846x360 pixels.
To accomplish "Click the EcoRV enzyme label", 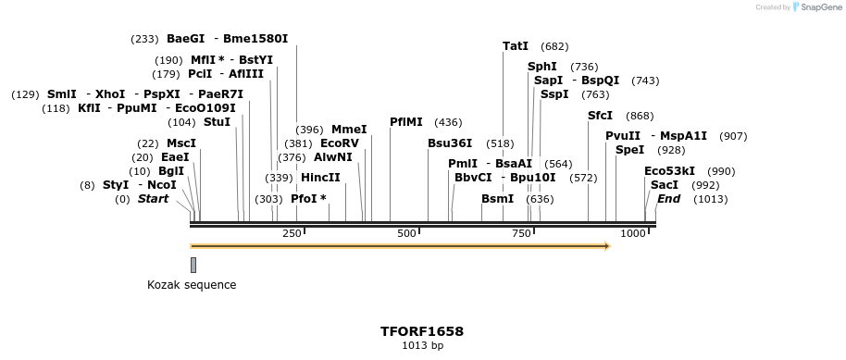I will click(x=339, y=143).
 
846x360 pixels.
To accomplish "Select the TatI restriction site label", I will click(x=516, y=45).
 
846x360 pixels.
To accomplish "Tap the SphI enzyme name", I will click(x=542, y=67).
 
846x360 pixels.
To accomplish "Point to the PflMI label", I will click(x=406, y=121).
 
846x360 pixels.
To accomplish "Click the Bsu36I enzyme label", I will click(x=450, y=143).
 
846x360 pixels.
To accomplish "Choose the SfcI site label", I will click(x=600, y=116).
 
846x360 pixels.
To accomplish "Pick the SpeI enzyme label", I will click(x=629, y=150).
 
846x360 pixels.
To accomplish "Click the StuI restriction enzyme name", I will click(x=217, y=122).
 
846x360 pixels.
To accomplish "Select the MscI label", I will click(x=181, y=143).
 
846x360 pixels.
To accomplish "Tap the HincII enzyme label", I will click(x=320, y=178).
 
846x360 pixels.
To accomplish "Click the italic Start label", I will click(x=153, y=199).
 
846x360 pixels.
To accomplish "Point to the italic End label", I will click(x=668, y=199).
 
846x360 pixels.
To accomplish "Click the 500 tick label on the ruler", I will click(x=406, y=233).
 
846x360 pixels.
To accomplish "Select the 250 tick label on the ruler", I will click(x=292, y=233).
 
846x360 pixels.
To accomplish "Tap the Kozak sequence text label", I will click(x=192, y=285).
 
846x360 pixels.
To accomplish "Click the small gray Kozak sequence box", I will click(x=193, y=265).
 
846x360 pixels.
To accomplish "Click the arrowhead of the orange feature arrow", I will click(x=606, y=246).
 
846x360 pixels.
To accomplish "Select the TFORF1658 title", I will click(x=422, y=330).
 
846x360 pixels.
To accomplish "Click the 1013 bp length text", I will click(x=422, y=346).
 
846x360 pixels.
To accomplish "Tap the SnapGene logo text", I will click(x=820, y=7).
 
